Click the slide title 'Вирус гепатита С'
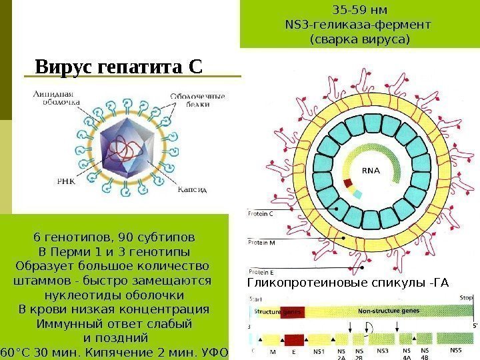tap(118, 67)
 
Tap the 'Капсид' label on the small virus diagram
tap(193, 189)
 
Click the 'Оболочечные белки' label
tap(198, 100)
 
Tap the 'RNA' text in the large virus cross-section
tap(371, 171)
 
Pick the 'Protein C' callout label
tap(261, 214)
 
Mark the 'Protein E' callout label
tap(261, 272)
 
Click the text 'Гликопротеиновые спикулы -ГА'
tap(348, 285)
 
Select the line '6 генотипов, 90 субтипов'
tap(114, 237)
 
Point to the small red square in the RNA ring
tap(346, 182)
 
